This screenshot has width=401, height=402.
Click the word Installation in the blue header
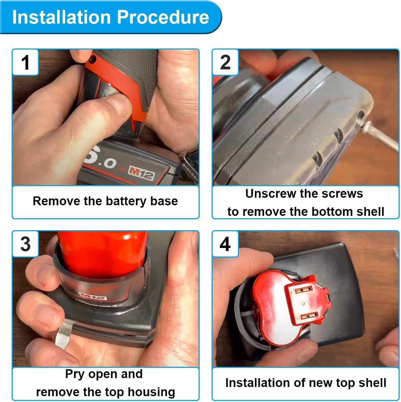[x=62, y=17]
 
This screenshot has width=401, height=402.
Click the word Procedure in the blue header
[x=163, y=17]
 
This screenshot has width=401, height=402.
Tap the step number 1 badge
[x=25, y=62]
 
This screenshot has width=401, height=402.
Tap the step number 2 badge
[x=225, y=62]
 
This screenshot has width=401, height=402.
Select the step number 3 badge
[x=25, y=244]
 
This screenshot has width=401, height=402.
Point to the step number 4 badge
[x=225, y=244]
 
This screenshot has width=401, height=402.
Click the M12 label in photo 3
[x=93, y=296]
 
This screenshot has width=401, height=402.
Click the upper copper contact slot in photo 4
[x=304, y=290]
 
